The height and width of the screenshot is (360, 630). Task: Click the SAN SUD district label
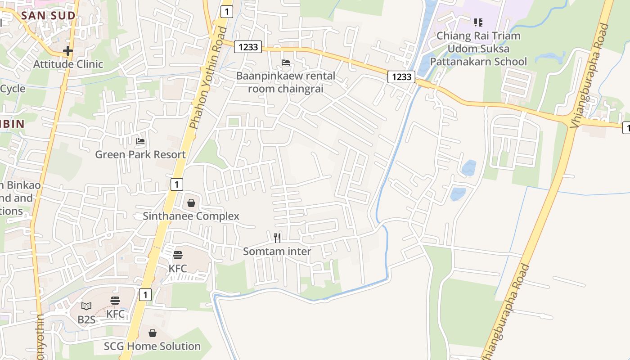(x=48, y=16)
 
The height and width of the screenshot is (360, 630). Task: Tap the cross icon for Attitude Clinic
(x=68, y=51)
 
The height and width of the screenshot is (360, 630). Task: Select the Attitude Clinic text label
(x=68, y=64)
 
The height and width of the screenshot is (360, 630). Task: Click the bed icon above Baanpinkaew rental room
(x=286, y=62)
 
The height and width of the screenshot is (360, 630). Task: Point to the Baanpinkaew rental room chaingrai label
(x=286, y=82)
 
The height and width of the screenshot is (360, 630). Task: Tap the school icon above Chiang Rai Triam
(x=478, y=22)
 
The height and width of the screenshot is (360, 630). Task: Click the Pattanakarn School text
(x=478, y=61)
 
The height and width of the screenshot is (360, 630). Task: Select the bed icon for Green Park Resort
(x=140, y=141)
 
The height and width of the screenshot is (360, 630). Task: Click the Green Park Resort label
(x=140, y=154)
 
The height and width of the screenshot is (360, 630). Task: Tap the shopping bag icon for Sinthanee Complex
(x=191, y=203)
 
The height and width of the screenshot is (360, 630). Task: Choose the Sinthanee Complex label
(x=191, y=216)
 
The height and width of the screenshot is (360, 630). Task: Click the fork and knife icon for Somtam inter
(x=277, y=238)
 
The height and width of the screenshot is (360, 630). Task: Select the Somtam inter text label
(x=277, y=251)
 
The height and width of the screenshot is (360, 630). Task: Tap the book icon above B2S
(x=86, y=306)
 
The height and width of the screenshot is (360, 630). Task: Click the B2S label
(x=86, y=319)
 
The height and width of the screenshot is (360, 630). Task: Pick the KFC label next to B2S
(x=115, y=314)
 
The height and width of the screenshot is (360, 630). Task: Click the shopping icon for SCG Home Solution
(x=153, y=333)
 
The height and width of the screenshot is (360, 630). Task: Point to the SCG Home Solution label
(x=153, y=346)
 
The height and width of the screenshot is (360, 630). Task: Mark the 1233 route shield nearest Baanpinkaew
(x=248, y=47)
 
